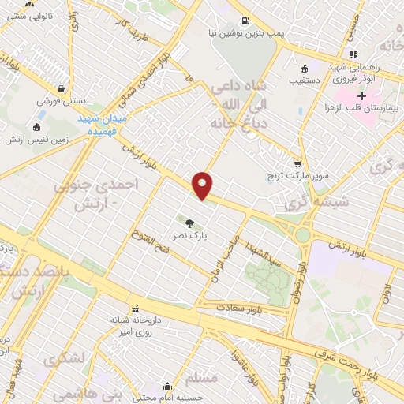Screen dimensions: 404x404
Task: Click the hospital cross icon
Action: tap(362, 95)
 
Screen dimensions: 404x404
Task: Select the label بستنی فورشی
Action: tap(61, 102)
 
